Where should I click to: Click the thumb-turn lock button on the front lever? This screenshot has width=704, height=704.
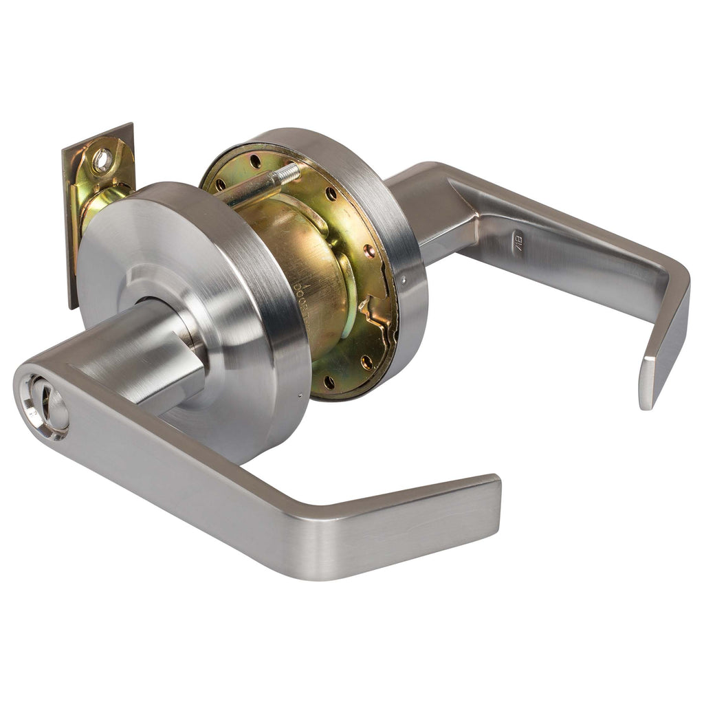tap(43, 406)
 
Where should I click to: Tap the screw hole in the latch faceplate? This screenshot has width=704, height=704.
tap(102, 161)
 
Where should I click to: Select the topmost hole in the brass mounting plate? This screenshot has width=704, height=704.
tap(256, 162)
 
